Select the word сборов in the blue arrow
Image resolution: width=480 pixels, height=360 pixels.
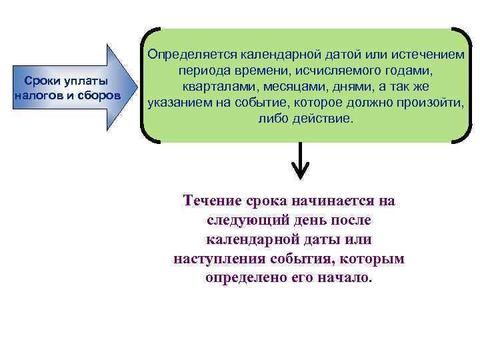click(99, 95)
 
